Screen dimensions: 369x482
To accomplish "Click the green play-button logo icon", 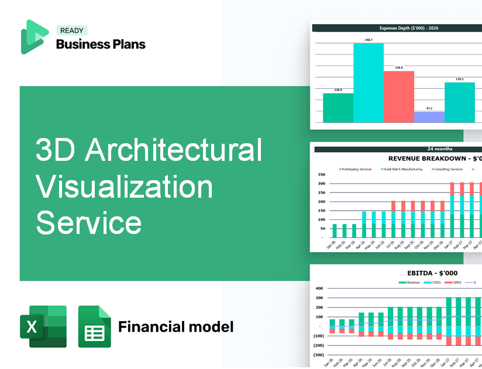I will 34,37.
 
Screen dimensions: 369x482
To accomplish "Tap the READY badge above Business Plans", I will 71,30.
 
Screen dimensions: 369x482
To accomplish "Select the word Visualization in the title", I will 124,187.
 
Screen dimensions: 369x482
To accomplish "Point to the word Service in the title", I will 88,223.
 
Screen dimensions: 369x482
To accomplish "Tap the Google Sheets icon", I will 94,326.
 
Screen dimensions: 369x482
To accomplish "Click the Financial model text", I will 175,326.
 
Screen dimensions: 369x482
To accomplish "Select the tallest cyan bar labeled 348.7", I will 369,82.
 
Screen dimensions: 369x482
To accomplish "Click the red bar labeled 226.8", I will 398,96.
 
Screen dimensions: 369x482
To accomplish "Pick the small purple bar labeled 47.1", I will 429,117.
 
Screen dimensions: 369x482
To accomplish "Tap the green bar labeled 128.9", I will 338,108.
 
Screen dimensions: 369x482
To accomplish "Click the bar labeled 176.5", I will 459,102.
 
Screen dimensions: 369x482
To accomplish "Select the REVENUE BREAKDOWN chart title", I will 435,158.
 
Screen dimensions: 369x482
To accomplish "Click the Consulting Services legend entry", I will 447,169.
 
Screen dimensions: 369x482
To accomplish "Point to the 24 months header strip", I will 398,149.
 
